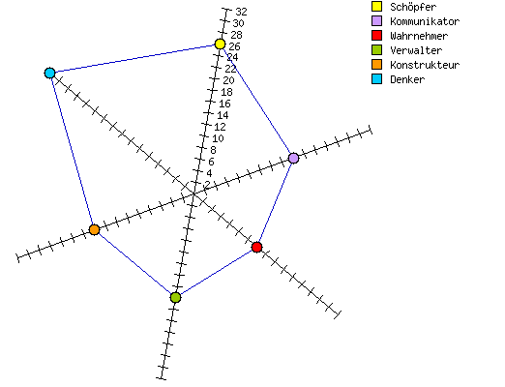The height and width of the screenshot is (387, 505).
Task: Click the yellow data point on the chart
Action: point(220,44)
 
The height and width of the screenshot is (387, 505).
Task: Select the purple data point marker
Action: point(293,158)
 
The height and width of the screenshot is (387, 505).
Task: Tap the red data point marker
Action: point(256,247)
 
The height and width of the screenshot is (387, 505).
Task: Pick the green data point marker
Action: point(175,297)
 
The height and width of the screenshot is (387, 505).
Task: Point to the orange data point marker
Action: point(94,229)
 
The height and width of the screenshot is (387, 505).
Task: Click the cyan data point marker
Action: point(49,73)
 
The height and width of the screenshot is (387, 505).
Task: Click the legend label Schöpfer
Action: point(413,7)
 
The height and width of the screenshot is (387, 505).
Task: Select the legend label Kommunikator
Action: point(425,21)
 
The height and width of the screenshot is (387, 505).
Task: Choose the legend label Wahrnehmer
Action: point(419,36)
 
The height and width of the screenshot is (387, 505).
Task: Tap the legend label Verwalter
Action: point(416,50)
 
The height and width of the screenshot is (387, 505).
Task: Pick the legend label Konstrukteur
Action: point(425,65)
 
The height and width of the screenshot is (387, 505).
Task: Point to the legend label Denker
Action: point(407,79)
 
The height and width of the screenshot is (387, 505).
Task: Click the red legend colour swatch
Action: point(376,36)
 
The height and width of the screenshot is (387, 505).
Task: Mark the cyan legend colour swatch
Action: point(376,79)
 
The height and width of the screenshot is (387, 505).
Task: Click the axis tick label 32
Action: point(241,12)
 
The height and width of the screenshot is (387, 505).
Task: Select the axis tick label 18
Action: point(226,92)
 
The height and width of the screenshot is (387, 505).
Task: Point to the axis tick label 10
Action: point(218,138)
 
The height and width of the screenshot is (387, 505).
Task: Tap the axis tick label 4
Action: point(209,173)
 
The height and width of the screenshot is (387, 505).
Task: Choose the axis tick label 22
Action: point(230,69)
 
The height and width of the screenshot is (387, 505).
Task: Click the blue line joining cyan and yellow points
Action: point(134,58)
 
